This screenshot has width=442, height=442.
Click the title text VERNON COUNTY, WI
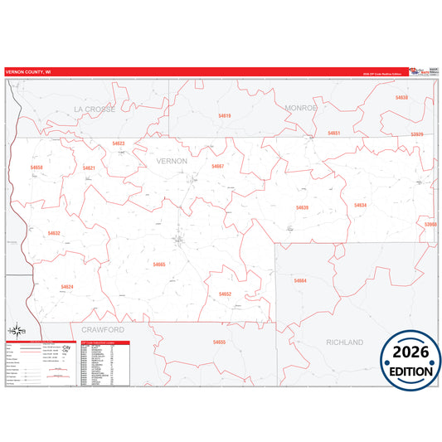tap(27, 72)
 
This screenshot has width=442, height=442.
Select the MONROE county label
tap(301, 108)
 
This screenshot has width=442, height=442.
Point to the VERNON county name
tap(172, 159)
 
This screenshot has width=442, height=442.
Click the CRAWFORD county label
tap(103, 329)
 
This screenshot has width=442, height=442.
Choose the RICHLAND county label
tap(345, 342)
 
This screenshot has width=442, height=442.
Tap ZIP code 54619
tap(224, 115)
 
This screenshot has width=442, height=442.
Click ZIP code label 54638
tap(401, 98)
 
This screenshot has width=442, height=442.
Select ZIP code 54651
tap(333, 133)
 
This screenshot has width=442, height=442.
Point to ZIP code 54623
tap(119, 143)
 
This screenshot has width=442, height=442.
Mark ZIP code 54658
tap(36, 168)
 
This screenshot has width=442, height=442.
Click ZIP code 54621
tap(89, 168)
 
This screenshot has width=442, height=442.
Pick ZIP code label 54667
tap(217, 167)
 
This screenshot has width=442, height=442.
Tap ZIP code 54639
tap(302, 207)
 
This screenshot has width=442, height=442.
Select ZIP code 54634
tap(360, 205)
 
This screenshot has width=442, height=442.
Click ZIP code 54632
tap(54, 233)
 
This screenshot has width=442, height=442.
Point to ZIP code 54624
tap(67, 287)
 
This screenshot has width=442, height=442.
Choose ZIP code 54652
tap(225, 294)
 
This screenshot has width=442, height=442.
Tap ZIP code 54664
tap(299, 281)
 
